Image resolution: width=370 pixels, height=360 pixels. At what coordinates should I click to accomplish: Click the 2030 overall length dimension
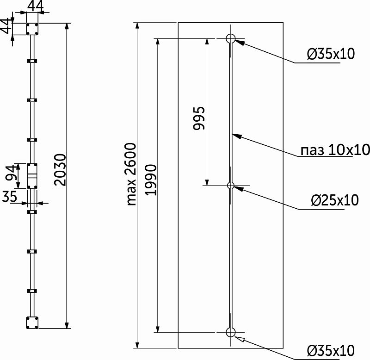coord(60,170)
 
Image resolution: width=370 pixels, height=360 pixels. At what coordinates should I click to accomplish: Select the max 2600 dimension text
coord(131,174)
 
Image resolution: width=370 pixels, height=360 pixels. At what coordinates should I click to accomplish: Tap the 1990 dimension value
coord(151,180)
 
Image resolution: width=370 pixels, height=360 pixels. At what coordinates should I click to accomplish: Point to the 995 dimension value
coord(199,118)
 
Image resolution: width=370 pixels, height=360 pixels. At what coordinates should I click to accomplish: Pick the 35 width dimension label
coord(9,196)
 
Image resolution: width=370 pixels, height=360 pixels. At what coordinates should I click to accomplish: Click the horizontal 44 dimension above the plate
coord(36,6)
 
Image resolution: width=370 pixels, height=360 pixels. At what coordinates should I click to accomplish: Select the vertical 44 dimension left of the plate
coord(6,26)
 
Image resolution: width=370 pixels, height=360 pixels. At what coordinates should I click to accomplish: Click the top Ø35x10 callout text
coord(331,54)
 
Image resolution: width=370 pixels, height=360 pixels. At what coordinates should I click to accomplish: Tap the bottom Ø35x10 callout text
coord(331,351)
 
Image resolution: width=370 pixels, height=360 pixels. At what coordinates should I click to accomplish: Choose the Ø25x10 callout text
coord(334,200)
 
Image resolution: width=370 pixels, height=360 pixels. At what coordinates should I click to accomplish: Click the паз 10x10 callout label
coord(335,150)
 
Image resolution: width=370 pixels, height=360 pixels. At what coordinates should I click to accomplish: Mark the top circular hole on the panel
coord(230,38)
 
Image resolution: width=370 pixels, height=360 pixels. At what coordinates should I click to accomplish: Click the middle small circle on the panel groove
coord(230,186)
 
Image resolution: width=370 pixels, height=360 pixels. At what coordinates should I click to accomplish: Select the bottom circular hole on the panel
coord(230,332)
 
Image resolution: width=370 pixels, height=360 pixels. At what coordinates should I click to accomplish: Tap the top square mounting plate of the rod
coord(32,29)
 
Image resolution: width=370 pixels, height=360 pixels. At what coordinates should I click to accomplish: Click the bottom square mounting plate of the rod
coord(32,323)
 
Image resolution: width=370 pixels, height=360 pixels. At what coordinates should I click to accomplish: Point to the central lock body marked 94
coord(32,176)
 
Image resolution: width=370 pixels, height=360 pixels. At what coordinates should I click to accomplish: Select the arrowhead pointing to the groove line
coord(237,136)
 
